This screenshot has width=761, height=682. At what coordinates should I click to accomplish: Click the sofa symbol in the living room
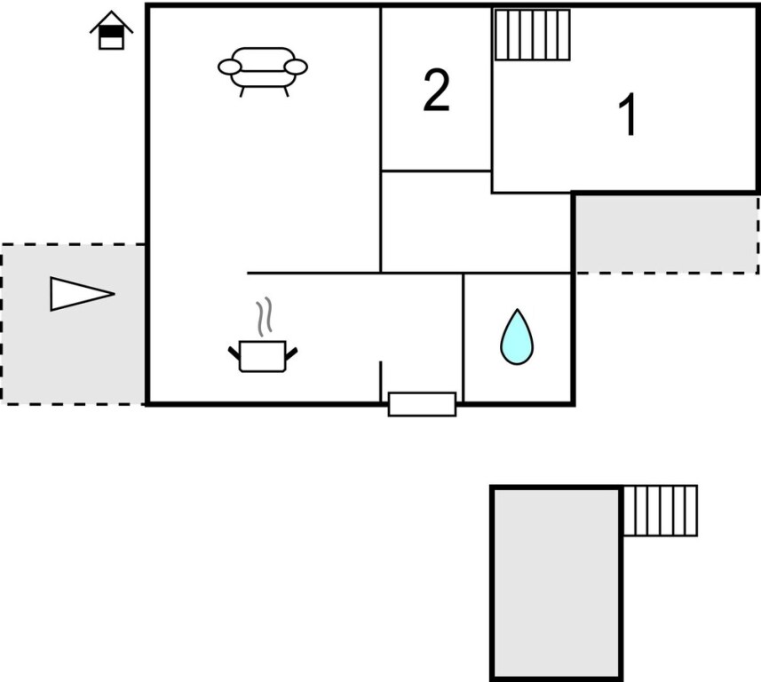point(263,69)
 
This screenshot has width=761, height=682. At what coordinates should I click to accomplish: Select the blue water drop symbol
point(517,337)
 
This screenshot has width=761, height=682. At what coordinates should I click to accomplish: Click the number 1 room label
point(628,115)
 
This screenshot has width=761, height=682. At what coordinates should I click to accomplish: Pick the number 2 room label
point(436,91)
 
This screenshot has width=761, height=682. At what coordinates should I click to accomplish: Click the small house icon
point(111,31)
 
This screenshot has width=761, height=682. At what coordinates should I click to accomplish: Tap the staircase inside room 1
point(532,35)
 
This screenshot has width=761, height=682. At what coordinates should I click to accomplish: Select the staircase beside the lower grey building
point(660,511)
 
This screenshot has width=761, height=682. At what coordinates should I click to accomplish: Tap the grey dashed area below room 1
point(666,234)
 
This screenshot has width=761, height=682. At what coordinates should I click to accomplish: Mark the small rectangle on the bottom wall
point(422,404)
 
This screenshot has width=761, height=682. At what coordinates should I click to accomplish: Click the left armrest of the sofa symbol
point(229,67)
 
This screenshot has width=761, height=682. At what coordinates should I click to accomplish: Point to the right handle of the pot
point(290,353)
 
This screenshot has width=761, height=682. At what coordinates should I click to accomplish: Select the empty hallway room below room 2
point(475,222)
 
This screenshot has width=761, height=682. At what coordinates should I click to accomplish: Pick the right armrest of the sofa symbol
point(297,67)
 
